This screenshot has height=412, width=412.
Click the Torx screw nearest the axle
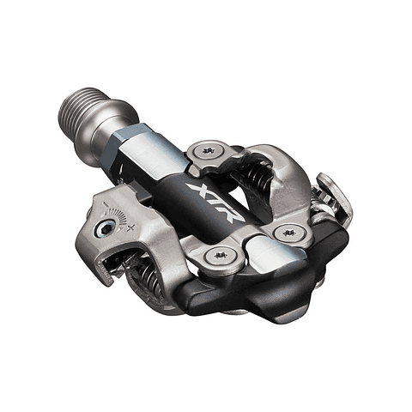[207, 152]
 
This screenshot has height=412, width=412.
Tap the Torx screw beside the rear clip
[289, 232]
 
